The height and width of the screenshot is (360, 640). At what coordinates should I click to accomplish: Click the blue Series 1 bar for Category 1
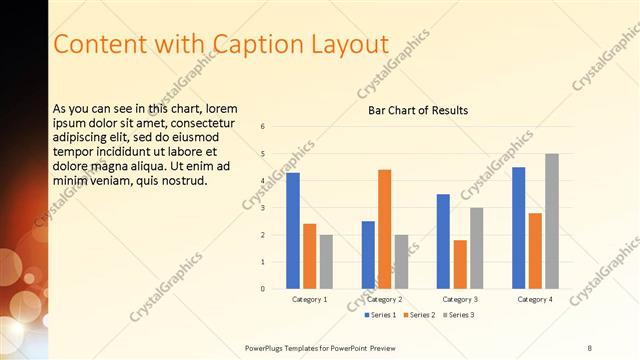tap(292, 231)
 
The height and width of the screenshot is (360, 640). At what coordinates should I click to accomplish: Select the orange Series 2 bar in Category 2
tap(385, 229)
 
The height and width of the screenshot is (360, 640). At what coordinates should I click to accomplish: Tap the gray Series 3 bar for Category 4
tap(552, 221)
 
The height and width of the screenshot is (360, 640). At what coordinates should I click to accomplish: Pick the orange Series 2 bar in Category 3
tap(460, 264)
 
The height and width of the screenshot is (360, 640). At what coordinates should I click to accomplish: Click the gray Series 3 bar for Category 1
tap(327, 262)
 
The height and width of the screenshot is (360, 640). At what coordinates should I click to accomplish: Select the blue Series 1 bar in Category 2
tap(368, 255)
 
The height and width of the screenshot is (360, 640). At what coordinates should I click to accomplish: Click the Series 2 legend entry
tap(417, 315)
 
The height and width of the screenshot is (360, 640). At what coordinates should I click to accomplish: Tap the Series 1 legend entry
tap(379, 315)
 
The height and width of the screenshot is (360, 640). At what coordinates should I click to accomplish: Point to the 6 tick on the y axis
tap(262, 127)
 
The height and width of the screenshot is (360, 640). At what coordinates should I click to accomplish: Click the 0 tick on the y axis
tap(262, 289)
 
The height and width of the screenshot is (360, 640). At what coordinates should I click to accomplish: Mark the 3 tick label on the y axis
tap(262, 208)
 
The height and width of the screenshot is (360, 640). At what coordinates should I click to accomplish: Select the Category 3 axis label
tap(460, 299)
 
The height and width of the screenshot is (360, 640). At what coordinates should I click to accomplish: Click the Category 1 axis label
tap(310, 299)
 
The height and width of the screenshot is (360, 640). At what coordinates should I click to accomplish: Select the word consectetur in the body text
tap(191, 122)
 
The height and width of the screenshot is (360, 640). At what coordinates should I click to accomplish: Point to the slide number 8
tap(589, 348)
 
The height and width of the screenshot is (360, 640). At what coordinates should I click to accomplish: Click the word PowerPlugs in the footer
tap(266, 348)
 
